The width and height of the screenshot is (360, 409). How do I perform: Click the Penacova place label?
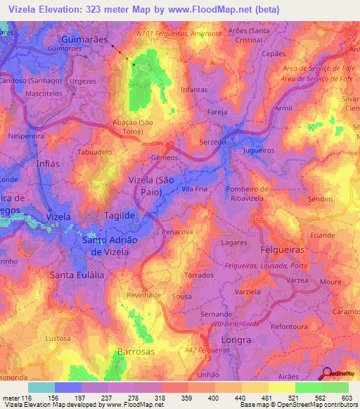[x=177, y=231]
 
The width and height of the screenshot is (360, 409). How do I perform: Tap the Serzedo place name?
[x=212, y=141]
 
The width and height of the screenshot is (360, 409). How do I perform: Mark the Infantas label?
[x=195, y=91]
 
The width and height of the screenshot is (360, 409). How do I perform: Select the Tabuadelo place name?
[x=95, y=151]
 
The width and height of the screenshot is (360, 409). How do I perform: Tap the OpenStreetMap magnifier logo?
[x=328, y=374]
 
